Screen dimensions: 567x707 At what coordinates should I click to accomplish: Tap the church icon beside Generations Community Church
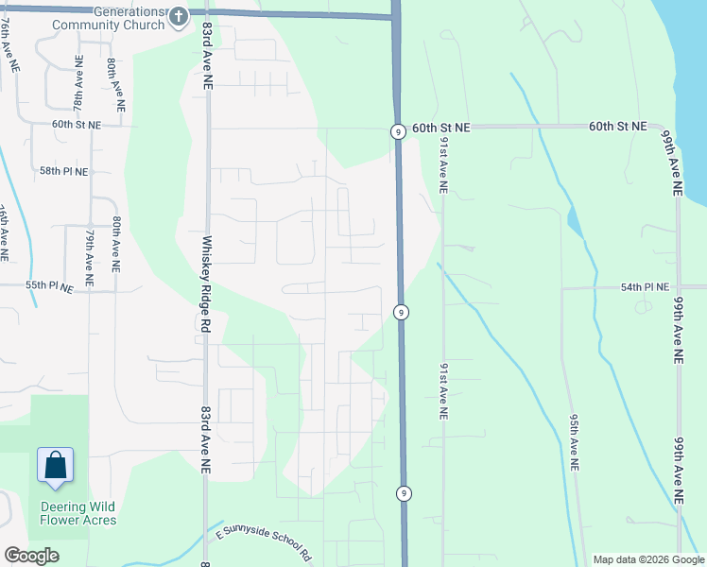(x=179, y=16)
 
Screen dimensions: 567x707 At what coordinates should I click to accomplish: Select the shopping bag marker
(x=56, y=466)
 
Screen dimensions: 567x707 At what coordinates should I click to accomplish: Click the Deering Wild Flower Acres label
(x=78, y=512)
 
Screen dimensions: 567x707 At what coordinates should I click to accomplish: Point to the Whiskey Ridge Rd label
(x=204, y=283)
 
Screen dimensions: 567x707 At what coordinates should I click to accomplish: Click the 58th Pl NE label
(x=64, y=172)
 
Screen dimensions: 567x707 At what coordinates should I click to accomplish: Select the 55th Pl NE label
(x=50, y=285)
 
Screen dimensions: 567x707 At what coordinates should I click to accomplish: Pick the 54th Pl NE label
(x=645, y=286)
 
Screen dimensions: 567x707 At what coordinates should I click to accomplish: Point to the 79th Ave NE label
(x=89, y=256)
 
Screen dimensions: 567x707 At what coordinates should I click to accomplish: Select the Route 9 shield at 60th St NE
(x=399, y=132)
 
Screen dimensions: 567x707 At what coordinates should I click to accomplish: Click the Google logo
(x=31, y=556)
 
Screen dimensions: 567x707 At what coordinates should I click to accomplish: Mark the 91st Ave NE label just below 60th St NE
(x=442, y=160)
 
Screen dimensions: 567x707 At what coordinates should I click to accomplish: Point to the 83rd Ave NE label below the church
(x=204, y=57)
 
